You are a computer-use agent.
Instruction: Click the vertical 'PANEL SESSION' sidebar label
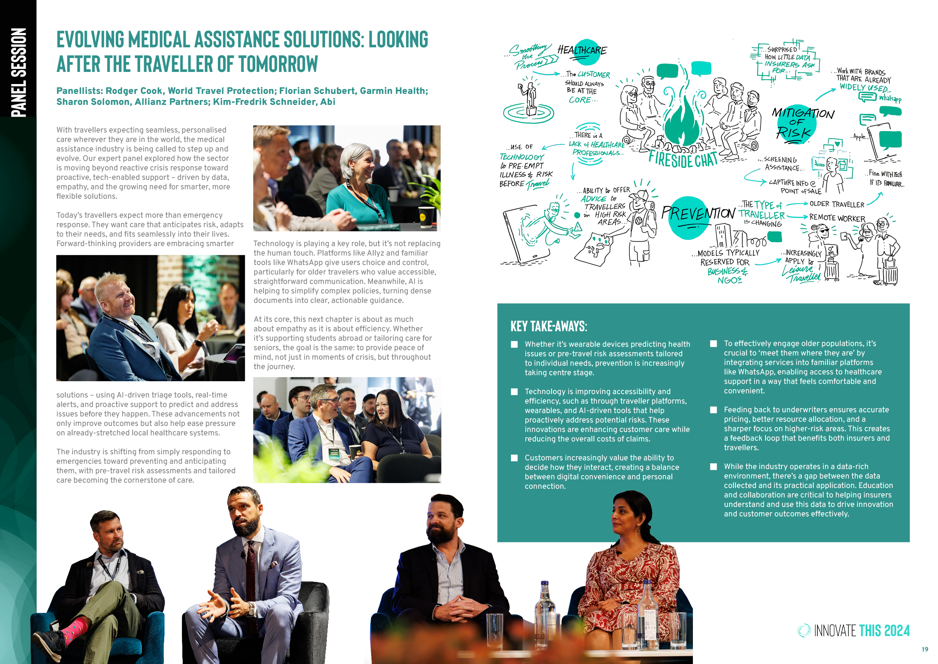[x=19, y=73]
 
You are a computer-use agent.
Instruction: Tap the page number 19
[x=925, y=649]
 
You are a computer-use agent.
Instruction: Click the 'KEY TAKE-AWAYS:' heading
[x=549, y=326]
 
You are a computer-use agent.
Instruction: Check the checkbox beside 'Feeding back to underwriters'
[x=714, y=410]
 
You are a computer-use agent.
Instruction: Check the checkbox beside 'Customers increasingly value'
[x=514, y=458]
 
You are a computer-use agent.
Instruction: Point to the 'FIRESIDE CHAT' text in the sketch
[x=683, y=159]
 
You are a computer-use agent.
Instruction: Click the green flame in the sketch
[x=683, y=123]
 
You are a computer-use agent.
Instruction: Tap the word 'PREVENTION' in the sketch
[x=699, y=214]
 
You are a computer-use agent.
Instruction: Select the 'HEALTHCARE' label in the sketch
[x=582, y=50]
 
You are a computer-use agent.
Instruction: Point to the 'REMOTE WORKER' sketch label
[x=837, y=218]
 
